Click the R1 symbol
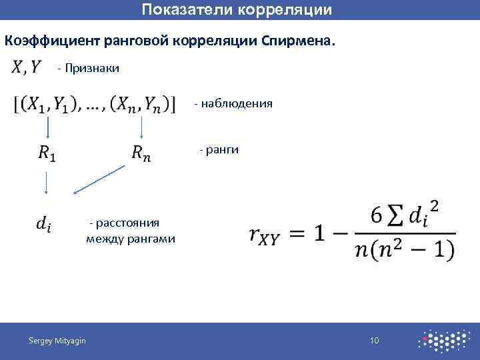pyautogui.click(x=47, y=153)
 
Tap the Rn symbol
pyautogui.click(x=141, y=153)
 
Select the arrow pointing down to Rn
pyautogui.click(x=141, y=127)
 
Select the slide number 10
pyautogui.click(x=375, y=341)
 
